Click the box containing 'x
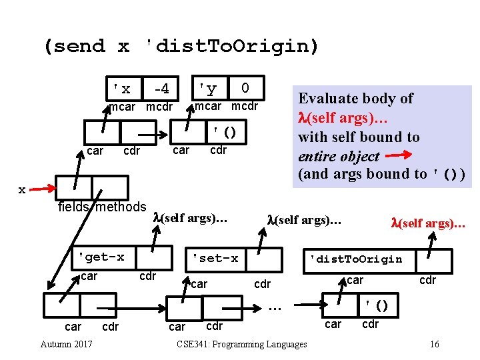coord(122,89)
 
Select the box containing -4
coord(161,89)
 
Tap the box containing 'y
coord(208,89)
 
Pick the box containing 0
coord(245,89)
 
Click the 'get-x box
coord(101,257)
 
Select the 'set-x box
coord(215,258)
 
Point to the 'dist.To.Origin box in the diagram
coord(353,259)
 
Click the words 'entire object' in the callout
coord(339,157)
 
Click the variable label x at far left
coord(22,189)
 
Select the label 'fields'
coord(74,207)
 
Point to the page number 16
coord(434,344)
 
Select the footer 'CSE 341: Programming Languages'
coord(242,344)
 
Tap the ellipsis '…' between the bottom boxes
coord(275,306)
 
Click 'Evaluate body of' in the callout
coord(355,98)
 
